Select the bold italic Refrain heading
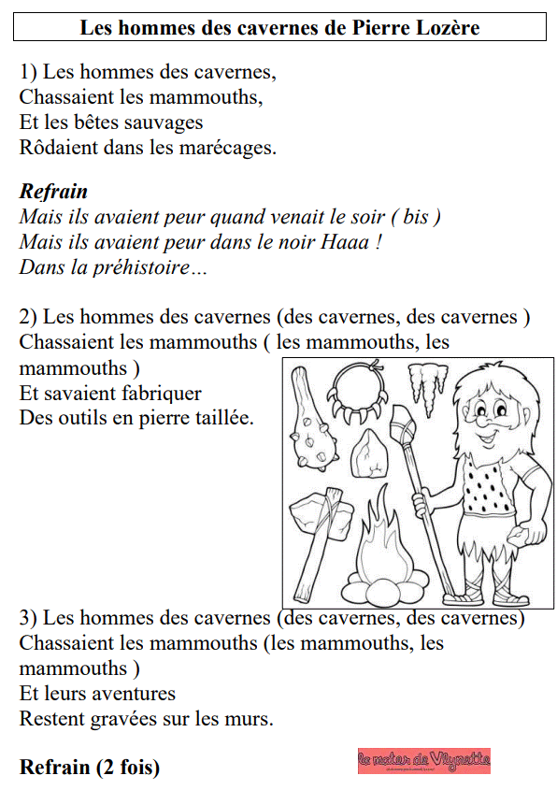click(x=53, y=192)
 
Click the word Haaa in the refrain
click(x=343, y=242)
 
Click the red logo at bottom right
click(x=423, y=761)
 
